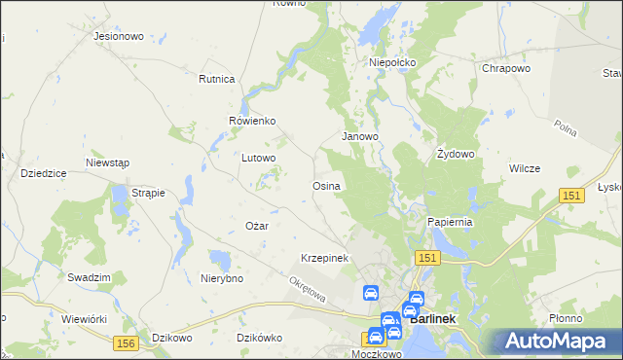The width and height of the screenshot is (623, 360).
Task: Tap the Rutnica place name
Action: [x=217, y=79]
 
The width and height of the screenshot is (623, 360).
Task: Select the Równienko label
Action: [x=252, y=121]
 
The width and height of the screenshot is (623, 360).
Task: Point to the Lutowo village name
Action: [x=259, y=157]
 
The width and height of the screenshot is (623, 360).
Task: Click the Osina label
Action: [x=325, y=185]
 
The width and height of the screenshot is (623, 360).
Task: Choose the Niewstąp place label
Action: [x=107, y=162]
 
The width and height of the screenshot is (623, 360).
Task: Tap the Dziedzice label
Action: [x=43, y=172]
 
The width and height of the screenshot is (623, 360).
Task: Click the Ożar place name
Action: [x=256, y=226]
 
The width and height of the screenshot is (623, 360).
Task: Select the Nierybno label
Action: [x=221, y=278]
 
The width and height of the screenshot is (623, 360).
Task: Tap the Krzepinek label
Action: [x=324, y=258]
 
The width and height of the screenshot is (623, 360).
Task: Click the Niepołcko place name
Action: [x=392, y=62]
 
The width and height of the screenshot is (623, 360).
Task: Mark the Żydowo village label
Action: [x=455, y=154]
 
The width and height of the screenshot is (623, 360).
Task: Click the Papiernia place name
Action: [x=450, y=222]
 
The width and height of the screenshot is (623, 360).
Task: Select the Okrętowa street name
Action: [x=307, y=288]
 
